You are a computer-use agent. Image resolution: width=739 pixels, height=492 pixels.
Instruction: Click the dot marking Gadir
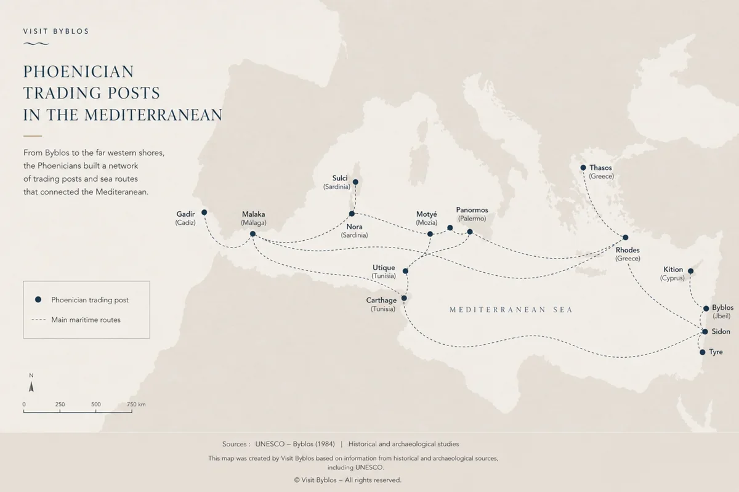(204, 212)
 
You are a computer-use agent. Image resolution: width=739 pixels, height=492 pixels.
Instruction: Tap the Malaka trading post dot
(252, 234)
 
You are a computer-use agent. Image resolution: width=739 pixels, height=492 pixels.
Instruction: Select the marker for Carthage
(404, 298)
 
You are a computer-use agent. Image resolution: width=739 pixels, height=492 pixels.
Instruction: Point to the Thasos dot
(583, 167)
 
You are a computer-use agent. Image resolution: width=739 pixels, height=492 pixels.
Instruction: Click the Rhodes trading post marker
(625, 237)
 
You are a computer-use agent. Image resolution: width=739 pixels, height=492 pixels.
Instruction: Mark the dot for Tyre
(702, 352)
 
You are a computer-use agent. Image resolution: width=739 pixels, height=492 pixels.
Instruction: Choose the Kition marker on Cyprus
(690, 271)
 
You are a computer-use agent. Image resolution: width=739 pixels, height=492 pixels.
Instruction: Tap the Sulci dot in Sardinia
(355, 182)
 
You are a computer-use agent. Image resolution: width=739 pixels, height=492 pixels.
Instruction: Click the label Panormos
(472, 210)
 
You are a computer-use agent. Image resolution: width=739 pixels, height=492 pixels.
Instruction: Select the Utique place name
(384, 268)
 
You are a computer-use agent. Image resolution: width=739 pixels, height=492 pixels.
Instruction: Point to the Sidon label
(721, 332)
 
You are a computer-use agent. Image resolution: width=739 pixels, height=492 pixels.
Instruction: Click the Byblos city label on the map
(722, 307)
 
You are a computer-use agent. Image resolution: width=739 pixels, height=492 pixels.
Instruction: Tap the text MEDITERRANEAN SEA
(511, 310)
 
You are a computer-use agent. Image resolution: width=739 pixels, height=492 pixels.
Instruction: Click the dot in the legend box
(38, 300)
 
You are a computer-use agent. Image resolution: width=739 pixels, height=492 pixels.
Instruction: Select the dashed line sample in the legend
(39, 320)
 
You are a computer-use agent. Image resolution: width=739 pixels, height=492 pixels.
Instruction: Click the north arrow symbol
(31, 386)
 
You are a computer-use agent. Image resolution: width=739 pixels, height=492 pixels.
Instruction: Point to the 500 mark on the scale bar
(96, 405)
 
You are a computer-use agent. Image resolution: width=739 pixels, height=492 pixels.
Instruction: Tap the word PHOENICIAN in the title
(78, 71)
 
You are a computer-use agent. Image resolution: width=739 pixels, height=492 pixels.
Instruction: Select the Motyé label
(427, 214)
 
